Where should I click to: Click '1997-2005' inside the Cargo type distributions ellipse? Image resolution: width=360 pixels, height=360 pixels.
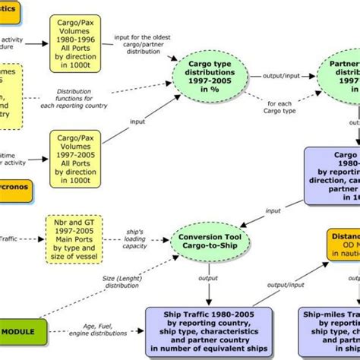210,97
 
